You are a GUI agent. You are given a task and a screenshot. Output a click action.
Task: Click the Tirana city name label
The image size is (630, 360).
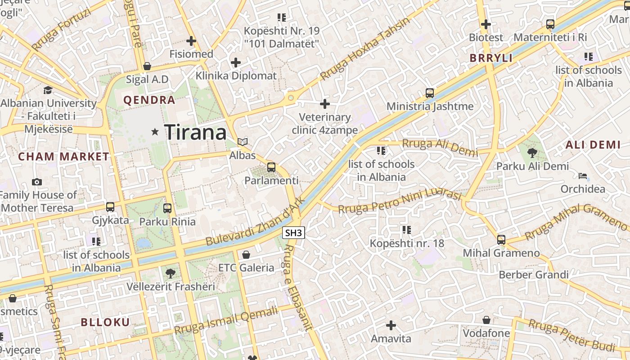tap(195, 132)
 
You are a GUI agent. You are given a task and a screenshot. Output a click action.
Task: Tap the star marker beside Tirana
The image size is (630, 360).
tap(155, 132)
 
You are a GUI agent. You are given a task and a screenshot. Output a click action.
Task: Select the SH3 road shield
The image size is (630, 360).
tap(294, 233)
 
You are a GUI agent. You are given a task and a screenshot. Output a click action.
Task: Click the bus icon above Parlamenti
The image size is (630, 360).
tap(271, 167)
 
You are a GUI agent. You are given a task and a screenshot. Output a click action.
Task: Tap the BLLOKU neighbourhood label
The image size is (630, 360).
tap(105, 322)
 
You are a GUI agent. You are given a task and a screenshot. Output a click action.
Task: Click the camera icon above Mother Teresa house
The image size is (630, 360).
tap(37, 182)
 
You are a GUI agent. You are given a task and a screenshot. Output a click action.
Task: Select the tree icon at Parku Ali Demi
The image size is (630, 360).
tap(532, 153)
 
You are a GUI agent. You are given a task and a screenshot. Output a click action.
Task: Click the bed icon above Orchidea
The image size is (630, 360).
tap(583, 175)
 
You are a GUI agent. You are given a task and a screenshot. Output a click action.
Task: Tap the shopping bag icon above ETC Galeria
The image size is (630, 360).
tap(246, 255)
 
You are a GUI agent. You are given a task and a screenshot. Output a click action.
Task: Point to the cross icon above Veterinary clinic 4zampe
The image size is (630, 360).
tap(324, 104)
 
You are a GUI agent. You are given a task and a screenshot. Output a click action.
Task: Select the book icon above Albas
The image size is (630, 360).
tap(243, 142)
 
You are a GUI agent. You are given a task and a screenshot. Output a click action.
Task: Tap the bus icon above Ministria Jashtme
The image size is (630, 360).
tap(430, 93)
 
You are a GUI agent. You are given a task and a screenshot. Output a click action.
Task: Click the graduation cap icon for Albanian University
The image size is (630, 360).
tap(48, 90)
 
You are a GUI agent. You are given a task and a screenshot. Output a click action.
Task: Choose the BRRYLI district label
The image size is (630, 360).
tap(491, 58)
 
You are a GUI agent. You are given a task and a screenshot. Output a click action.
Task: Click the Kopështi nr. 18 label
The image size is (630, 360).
tap(407, 243)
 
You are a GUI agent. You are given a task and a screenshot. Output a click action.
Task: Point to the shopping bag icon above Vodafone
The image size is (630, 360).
tap(486, 320)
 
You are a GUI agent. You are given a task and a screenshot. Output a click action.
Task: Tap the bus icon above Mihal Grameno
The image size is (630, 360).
tap(501, 240)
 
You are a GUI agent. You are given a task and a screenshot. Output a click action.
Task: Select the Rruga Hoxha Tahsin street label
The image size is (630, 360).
tap(365, 49)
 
